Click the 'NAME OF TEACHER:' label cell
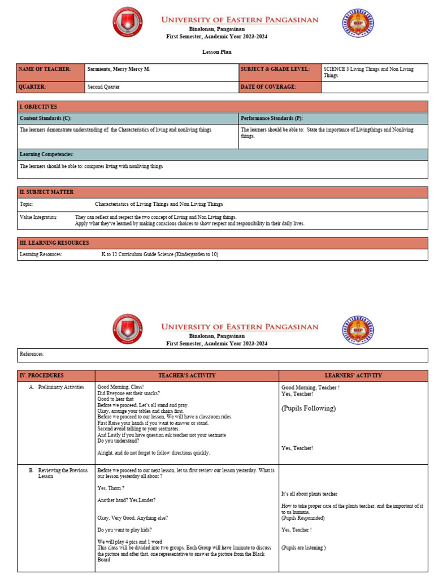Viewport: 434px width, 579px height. [x=45, y=69]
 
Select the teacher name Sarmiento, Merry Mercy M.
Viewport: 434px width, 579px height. [x=119, y=69]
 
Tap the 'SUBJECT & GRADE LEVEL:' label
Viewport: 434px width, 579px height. [x=275, y=69]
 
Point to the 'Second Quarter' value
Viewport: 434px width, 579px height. [x=103, y=87]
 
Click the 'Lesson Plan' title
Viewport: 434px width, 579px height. [x=216, y=52]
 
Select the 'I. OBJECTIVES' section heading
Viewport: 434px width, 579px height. [x=38, y=106]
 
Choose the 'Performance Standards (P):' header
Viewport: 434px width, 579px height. [x=272, y=118]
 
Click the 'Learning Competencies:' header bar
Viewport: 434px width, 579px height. [x=47, y=154]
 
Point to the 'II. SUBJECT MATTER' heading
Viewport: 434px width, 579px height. [x=47, y=192]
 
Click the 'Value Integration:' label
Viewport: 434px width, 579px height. [x=38, y=217]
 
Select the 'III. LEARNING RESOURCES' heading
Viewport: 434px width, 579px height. [x=54, y=243]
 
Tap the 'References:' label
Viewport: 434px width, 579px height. [x=32, y=354]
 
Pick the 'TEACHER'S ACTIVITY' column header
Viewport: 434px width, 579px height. [x=186, y=375]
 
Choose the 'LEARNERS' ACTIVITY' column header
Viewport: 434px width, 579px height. [x=353, y=375]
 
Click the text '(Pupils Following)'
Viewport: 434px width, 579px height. [x=309, y=408]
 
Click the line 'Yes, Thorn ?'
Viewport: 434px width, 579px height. [x=111, y=488]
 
